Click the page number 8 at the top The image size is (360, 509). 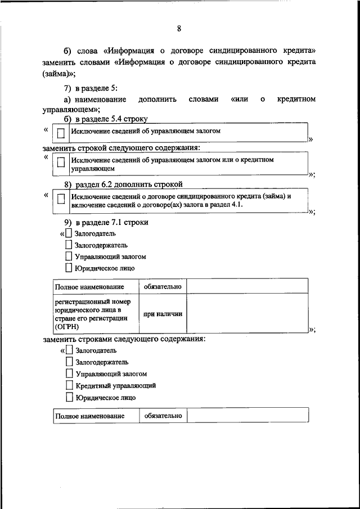[179, 29]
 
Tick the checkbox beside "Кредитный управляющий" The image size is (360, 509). [69, 385]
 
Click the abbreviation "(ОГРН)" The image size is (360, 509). [67, 326]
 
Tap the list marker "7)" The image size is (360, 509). [67, 87]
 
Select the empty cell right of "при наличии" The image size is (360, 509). [247, 314]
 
